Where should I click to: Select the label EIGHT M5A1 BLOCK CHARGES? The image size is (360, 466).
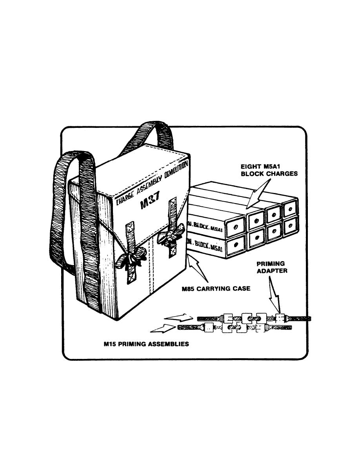pos(269,170)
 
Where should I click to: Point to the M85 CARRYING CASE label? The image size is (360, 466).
pos(216,288)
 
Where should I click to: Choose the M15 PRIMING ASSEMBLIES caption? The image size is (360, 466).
pos(146,344)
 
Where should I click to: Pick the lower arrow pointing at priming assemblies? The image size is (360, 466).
pos(163,328)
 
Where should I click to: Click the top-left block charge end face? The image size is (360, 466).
pos(235,227)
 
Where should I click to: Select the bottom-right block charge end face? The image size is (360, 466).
pos(291,228)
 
